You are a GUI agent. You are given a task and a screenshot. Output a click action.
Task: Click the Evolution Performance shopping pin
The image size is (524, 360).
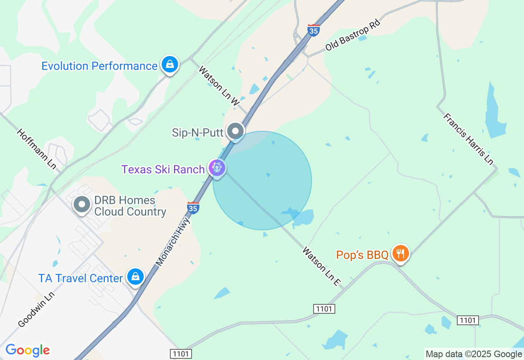pyautogui.click(x=169, y=65)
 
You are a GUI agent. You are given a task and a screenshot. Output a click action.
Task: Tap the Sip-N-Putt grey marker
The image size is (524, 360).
pyautogui.click(x=235, y=131)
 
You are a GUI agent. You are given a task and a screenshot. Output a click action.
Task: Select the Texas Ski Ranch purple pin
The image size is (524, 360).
pyautogui.click(x=217, y=168)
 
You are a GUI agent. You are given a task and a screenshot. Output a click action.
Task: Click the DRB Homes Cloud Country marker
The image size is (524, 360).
pyautogui.click(x=81, y=204)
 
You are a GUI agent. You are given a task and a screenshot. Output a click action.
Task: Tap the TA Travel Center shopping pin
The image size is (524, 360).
pyautogui.click(x=135, y=277)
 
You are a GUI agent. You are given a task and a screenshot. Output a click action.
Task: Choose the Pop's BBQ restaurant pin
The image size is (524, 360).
pyautogui.click(x=400, y=254)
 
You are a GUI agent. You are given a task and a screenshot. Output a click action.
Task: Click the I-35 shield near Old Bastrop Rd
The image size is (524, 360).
pyautogui.click(x=314, y=30)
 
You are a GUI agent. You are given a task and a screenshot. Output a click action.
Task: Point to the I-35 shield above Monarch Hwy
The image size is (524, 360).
pyautogui.click(x=193, y=208)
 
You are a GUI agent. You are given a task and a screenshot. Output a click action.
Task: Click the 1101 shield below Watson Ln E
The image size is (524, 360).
pyautogui.click(x=324, y=308)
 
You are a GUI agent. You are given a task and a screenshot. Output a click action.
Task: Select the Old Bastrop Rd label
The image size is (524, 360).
pyautogui.click(x=353, y=35)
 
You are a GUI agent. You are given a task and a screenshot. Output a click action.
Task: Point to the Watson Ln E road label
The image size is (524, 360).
pyautogui.click(x=322, y=266)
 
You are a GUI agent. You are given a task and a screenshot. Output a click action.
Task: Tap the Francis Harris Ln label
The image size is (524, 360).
pyautogui.click(x=468, y=139)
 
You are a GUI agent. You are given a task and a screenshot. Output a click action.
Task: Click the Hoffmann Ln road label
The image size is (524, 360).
pyautogui.click(x=36, y=148)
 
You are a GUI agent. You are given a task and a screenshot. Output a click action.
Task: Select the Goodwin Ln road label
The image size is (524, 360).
pyautogui.click(x=36, y=309)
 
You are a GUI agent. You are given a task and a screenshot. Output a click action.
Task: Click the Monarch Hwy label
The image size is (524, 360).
pyautogui.click(x=174, y=241)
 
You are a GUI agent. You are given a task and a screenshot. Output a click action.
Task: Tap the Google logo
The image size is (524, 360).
pyautogui.click(x=27, y=351)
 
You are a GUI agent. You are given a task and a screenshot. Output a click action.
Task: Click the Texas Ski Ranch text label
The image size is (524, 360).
pyautogui.click(x=163, y=169)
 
